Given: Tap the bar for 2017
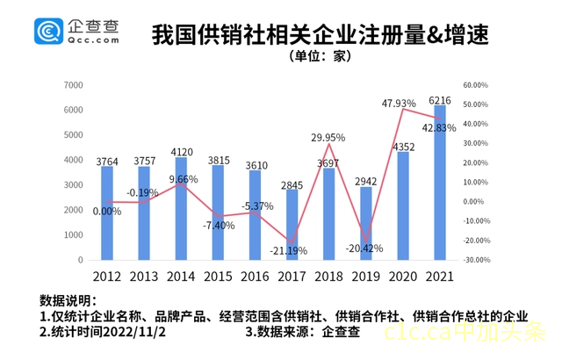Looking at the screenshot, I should point(292,224).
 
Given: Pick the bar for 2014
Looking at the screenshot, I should point(181,208).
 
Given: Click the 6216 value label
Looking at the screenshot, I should point(440,99).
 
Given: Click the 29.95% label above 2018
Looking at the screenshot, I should point(328,137).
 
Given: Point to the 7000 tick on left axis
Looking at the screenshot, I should point(74,85).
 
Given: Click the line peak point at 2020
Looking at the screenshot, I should point(403,109).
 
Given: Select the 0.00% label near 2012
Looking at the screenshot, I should point(106,211).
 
